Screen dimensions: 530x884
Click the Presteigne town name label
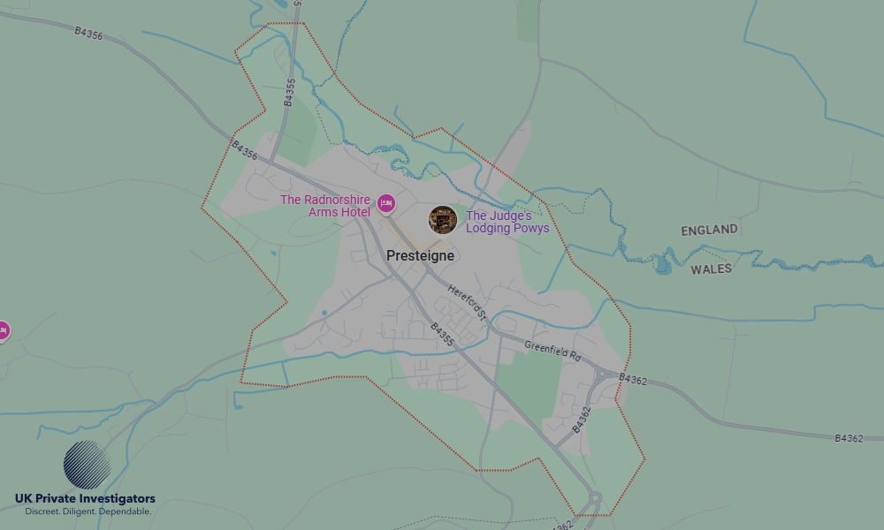pos(420,255)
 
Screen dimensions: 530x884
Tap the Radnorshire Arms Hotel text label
pos(325,206)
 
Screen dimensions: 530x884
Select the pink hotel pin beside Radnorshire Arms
pos(385,204)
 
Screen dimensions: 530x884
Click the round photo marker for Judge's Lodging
pos(442,220)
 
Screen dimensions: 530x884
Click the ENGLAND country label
pos(709,230)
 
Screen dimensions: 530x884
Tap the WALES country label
pos(711,269)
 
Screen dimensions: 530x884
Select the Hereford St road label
pos(467,302)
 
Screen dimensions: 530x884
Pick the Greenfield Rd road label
pos(552,351)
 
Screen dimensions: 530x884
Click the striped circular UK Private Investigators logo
pos(87,465)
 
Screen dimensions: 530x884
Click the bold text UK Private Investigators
pos(85,499)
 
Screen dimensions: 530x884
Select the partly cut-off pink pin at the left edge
pos(3,331)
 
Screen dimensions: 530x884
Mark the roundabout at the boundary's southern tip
pos(595,500)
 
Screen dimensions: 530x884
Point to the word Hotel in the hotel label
pos(354,212)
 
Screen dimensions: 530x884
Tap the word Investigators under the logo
pos(117,499)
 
